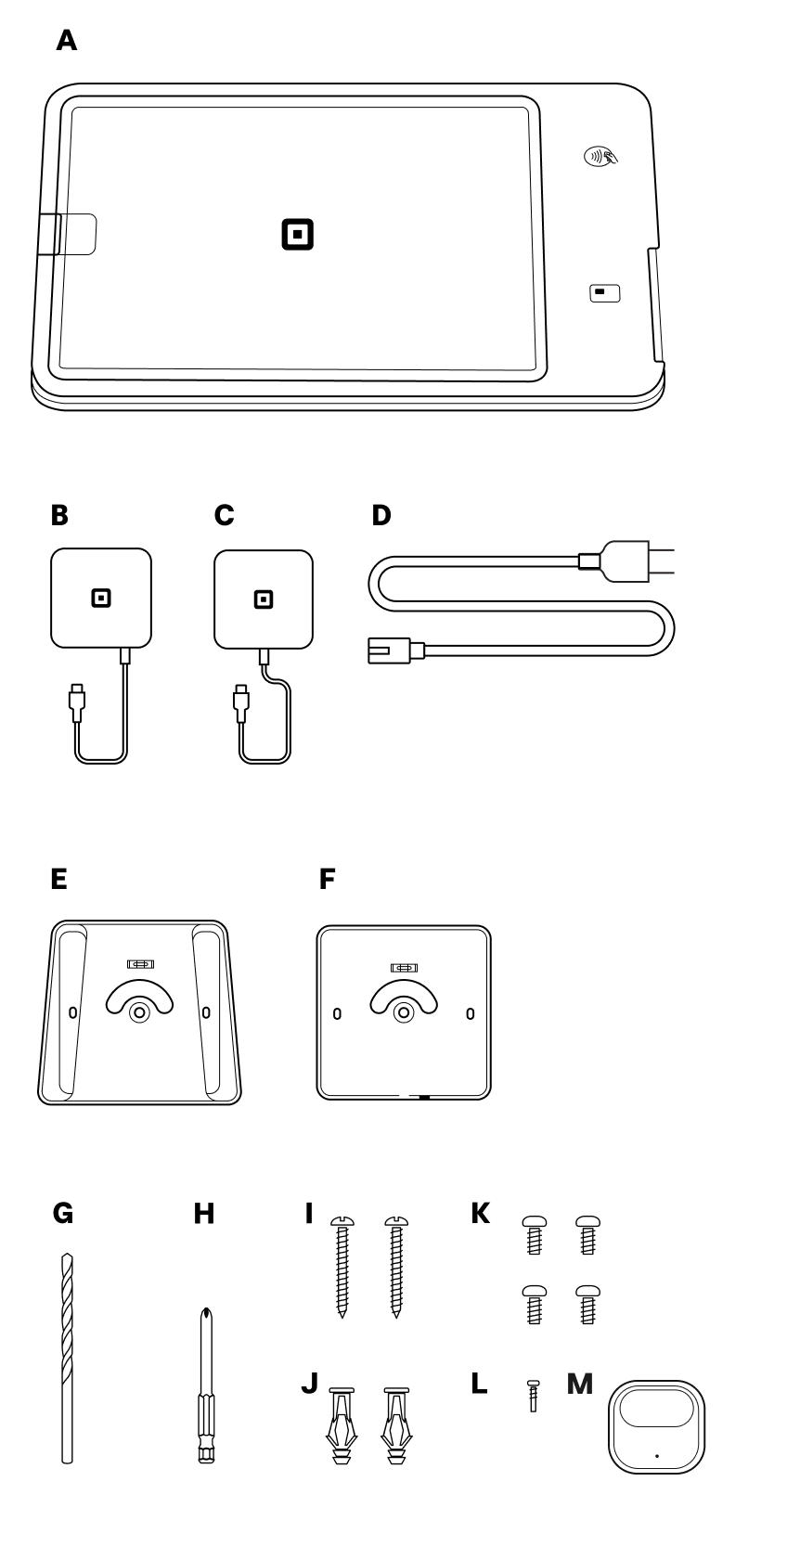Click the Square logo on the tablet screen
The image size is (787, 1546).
tap(297, 235)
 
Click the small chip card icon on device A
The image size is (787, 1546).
tap(604, 293)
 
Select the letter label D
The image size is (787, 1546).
tap(381, 515)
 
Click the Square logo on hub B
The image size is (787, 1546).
tap(100, 599)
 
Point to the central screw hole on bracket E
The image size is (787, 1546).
tap(139, 1011)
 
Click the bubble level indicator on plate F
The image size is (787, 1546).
tap(404, 968)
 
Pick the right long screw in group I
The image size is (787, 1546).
tap(396, 1267)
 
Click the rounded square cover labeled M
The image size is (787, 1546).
tap(656, 1426)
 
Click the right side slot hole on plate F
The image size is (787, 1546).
tap(470, 1013)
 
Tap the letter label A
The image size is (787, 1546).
tap(66, 41)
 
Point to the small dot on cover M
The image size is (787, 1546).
tap(657, 1455)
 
